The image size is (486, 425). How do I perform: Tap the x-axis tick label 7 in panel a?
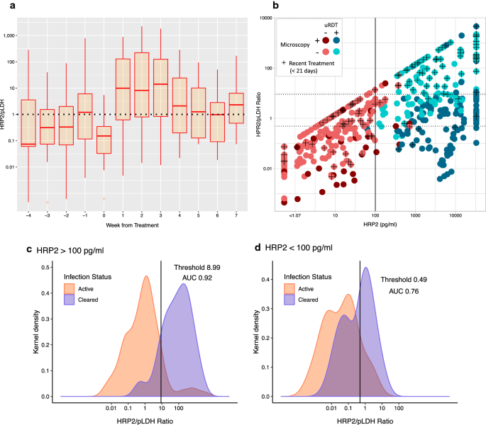tap(236, 214)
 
